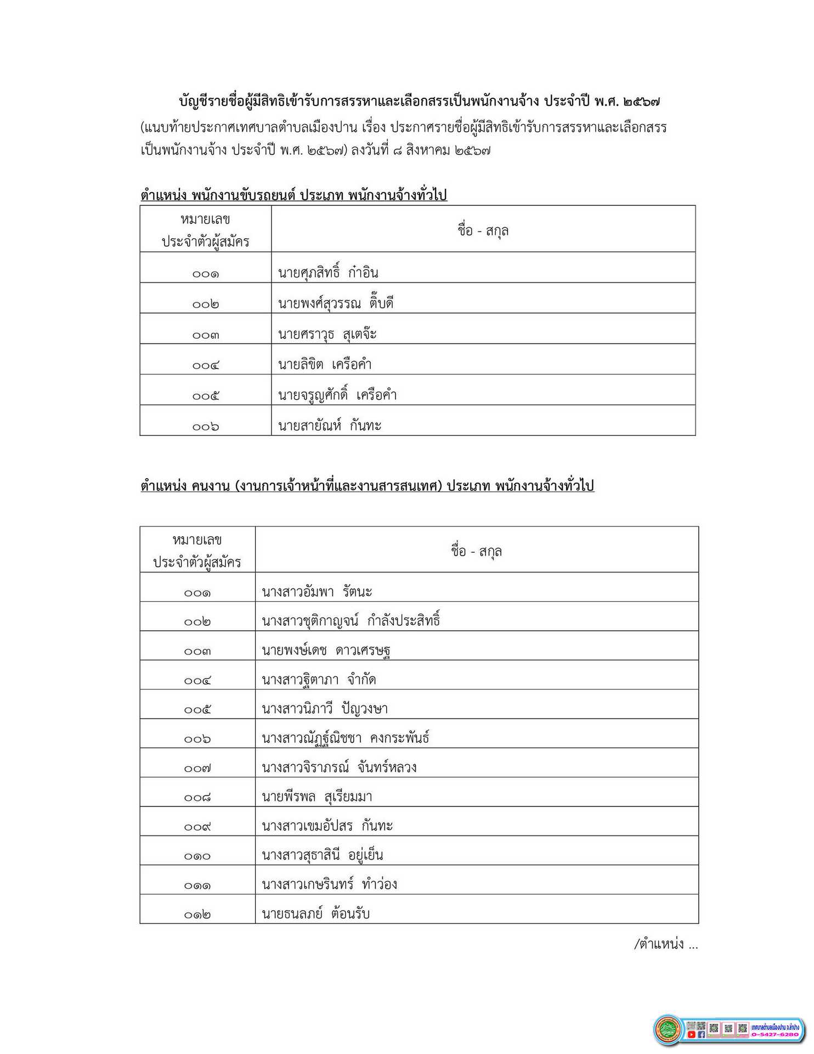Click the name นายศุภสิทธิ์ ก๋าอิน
click(328, 272)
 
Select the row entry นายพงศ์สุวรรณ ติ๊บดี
click(336, 303)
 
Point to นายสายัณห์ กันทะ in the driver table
click(330, 425)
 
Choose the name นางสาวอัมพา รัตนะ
click(317, 592)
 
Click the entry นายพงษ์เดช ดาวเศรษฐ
click(326, 651)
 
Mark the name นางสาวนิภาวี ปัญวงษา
click(325, 709)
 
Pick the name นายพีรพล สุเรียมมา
click(317, 797)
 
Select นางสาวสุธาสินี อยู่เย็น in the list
click(323, 855)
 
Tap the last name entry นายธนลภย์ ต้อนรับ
click(316, 913)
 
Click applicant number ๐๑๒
click(197, 915)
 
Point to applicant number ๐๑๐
click(197, 856)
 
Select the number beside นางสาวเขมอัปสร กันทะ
click(197, 827)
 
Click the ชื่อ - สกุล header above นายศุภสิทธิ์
click(483, 231)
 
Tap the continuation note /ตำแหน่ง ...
click(665, 944)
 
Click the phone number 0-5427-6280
click(775, 1035)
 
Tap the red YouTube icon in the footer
click(691, 1035)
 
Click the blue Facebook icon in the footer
click(701, 1035)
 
